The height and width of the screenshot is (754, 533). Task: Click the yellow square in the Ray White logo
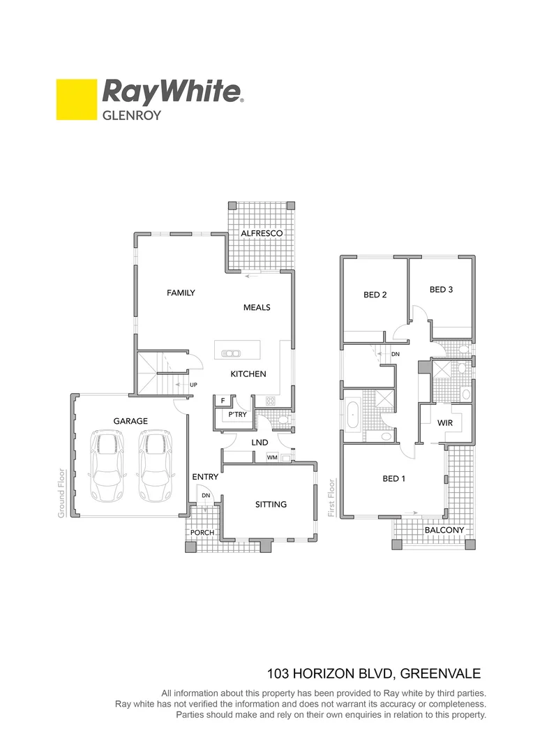[x=76, y=99]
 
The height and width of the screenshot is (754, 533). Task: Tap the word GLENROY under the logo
[x=132, y=115]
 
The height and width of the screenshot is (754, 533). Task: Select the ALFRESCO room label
[x=261, y=233]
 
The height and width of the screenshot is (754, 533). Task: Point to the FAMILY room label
[x=181, y=293]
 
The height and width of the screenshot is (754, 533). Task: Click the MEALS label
[x=256, y=307]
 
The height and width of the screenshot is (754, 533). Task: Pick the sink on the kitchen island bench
[x=230, y=353]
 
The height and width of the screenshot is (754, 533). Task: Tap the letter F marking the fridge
[x=223, y=401]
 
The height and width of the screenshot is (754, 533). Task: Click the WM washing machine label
[x=271, y=458]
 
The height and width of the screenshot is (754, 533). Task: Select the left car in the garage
[x=107, y=466]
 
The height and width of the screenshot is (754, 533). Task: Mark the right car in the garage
[x=154, y=466]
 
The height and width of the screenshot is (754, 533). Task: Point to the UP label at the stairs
[x=193, y=385]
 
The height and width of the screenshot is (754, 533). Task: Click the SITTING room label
[x=271, y=504]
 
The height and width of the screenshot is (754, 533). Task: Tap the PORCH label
[x=202, y=533]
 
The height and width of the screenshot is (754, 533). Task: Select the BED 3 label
[x=441, y=289]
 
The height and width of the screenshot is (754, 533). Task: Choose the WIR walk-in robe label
[x=445, y=423]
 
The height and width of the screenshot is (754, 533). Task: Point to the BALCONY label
[x=444, y=530]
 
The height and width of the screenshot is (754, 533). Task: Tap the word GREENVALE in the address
[x=441, y=674]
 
